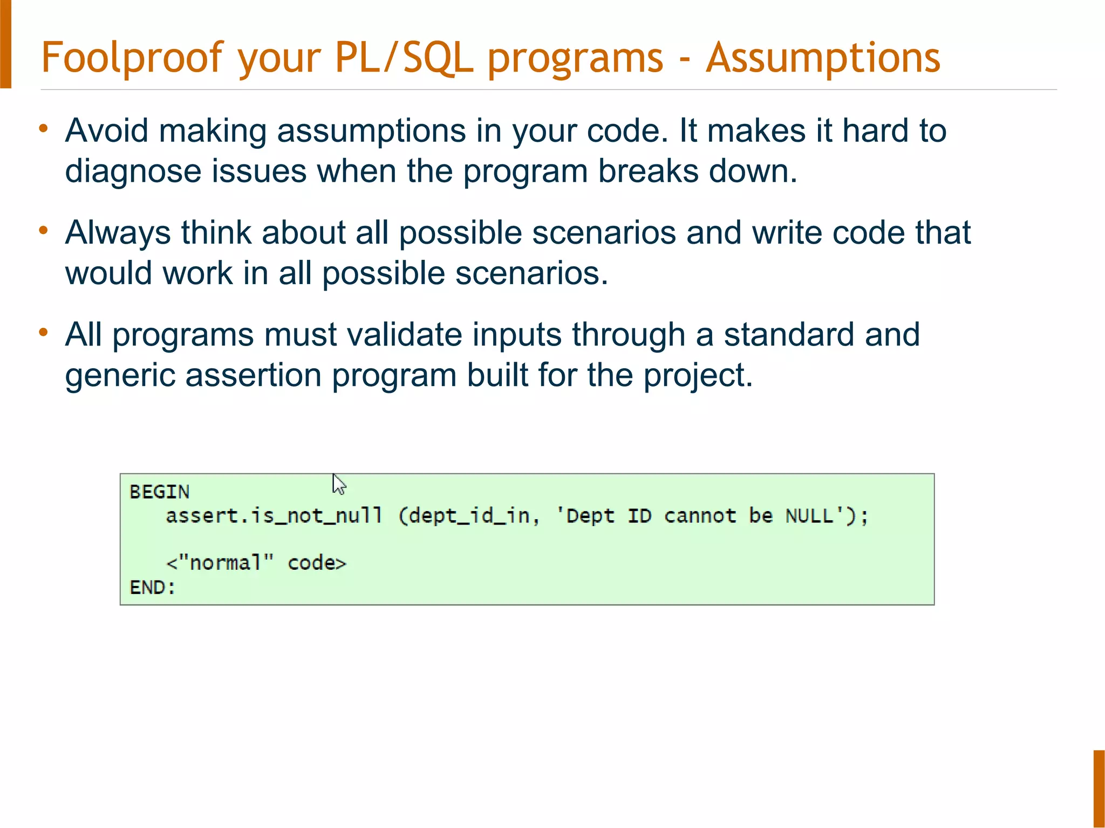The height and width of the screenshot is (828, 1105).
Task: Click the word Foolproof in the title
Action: pos(132,58)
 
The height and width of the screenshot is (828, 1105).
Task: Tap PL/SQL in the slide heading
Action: pos(404,58)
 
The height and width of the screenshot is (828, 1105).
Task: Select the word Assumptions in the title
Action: pos(823,58)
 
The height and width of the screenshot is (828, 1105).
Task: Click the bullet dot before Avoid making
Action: pos(44,129)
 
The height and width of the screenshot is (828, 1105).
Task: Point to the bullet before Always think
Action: pos(44,231)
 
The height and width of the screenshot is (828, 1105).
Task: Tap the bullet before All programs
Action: pos(44,333)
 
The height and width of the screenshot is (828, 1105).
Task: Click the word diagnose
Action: pos(133,171)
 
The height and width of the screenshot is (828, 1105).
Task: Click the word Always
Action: pos(118,233)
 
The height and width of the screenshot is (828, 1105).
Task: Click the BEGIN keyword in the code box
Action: pos(160,492)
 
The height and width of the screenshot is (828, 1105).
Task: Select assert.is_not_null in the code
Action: pos(274,516)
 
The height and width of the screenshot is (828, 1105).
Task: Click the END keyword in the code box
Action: pos(147,587)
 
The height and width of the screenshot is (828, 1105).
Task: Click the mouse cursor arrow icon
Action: pos(338,484)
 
